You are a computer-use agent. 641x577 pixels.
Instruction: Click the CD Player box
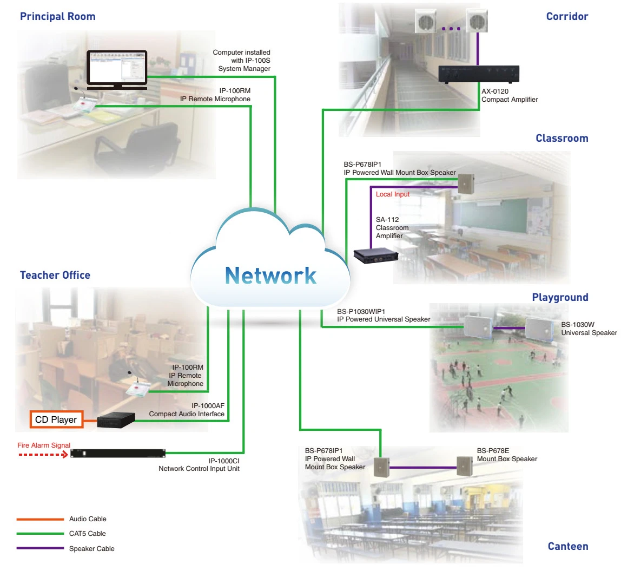(56, 419)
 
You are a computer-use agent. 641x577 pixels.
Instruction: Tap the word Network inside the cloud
(270, 276)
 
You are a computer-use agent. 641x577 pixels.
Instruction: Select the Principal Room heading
(58, 16)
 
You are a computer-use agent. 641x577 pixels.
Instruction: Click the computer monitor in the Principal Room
(117, 69)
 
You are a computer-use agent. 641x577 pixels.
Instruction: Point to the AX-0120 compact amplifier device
(478, 74)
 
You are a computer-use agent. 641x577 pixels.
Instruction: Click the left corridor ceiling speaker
(425, 22)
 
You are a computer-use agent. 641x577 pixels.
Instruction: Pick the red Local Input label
(393, 194)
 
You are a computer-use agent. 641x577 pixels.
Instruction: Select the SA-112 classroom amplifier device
(376, 255)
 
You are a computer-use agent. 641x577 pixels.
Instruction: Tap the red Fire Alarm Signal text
(44, 445)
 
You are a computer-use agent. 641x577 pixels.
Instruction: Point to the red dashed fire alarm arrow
(43, 455)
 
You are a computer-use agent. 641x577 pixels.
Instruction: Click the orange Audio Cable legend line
(40, 519)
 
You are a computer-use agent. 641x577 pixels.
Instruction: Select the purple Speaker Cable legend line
(40, 548)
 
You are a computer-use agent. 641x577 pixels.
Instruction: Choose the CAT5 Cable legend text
(88, 534)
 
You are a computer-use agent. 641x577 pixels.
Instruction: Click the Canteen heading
(567, 546)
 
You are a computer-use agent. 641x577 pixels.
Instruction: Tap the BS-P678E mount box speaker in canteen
(464, 466)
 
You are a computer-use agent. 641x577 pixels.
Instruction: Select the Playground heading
(560, 297)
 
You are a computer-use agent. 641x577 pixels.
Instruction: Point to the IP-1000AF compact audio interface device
(116, 420)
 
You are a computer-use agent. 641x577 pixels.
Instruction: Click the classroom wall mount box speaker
(466, 184)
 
